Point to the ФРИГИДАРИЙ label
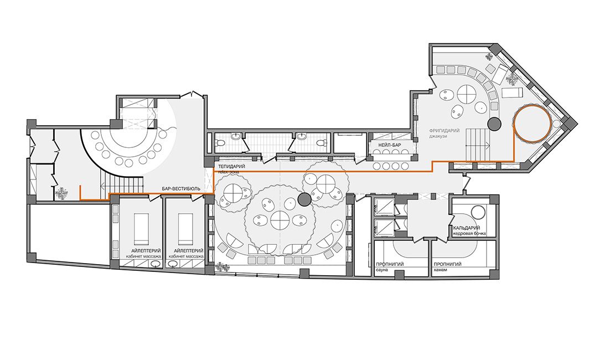445,131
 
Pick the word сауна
383,270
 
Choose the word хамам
440,270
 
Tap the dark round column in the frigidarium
494,123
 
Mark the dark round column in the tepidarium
304,199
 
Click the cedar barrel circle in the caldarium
478,212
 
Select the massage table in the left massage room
140,229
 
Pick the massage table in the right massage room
186,229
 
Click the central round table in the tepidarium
281,220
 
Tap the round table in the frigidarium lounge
467,94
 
